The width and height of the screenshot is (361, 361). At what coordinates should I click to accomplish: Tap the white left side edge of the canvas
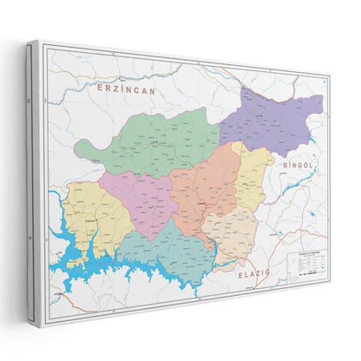click(33, 182)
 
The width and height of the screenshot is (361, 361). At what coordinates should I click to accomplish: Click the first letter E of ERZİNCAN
click(102, 88)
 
